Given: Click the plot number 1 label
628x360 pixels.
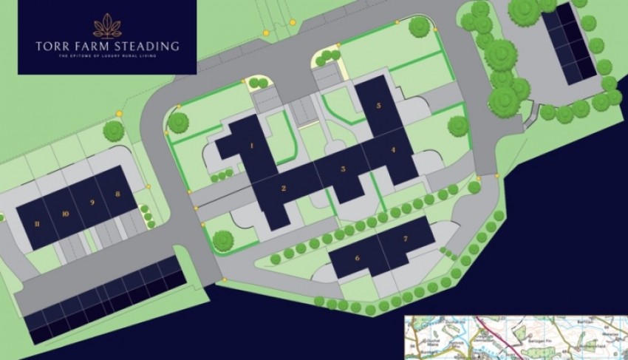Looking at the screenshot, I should [x=252, y=146].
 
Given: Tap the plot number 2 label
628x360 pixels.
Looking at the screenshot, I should [x=283, y=189].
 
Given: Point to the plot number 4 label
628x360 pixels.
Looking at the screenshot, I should [x=393, y=150].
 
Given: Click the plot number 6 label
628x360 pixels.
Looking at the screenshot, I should [x=357, y=258].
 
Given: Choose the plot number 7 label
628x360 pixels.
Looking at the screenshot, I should [x=405, y=238].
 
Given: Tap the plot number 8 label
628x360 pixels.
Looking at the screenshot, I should [x=117, y=194].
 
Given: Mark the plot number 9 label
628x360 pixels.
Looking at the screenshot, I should [x=92, y=202].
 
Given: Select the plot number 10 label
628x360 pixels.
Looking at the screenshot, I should [x=66, y=214].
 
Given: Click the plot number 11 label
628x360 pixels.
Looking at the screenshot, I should [x=38, y=223].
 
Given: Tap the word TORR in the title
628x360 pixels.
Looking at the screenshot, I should [x=52, y=47].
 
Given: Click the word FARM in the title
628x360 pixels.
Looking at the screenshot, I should [x=91, y=47].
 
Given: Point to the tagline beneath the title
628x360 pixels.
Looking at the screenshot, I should [x=107, y=58].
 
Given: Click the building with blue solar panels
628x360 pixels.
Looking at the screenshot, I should [x=569, y=44].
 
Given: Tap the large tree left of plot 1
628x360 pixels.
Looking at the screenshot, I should [x=177, y=122].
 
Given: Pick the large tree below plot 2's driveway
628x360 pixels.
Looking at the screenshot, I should [x=222, y=240].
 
